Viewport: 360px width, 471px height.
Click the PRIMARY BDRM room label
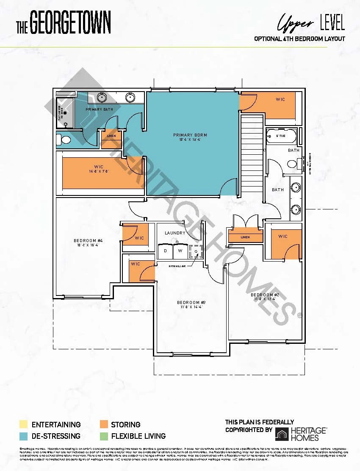pos(190,135)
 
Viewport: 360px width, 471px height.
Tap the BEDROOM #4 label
pos(88,241)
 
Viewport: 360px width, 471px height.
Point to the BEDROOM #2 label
pos(265,295)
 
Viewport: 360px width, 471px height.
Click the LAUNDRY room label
pos(175,233)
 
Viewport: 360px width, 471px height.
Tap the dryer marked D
pos(165,251)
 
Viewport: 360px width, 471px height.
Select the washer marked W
pos(180,251)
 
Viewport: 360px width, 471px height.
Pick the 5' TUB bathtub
pos(281,136)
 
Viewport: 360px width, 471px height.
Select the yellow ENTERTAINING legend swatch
pos(23,424)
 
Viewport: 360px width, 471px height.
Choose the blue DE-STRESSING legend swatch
pos(23,436)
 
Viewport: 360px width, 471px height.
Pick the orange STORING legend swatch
pos(103,424)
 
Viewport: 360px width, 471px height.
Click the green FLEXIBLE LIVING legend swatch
pos(103,436)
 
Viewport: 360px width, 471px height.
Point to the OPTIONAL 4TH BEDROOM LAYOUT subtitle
pos(299,39)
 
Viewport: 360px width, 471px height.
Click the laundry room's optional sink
pos(196,251)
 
